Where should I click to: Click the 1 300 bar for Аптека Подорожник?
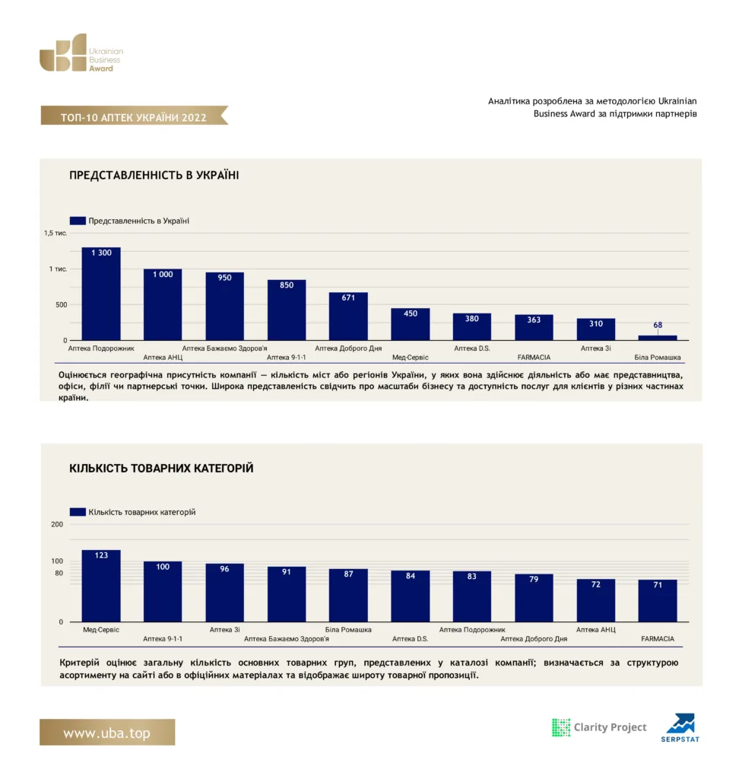coord(101,294)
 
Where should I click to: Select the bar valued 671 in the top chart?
coord(348,316)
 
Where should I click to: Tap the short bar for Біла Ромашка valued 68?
coord(658,338)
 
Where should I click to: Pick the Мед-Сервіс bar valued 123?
coord(101,586)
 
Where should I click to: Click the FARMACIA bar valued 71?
coord(658,601)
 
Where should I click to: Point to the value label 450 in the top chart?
coord(411,313)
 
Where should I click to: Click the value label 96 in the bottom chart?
coord(224,569)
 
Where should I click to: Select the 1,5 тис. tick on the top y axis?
coord(56,233)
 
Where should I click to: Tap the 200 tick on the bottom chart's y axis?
coord(57,524)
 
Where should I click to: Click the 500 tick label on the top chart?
coord(61,304)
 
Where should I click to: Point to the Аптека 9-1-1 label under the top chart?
coord(286,358)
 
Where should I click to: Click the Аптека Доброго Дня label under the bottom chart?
coord(534,639)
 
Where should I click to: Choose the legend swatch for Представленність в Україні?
coord(78,221)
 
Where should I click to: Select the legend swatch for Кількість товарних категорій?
coord(78,512)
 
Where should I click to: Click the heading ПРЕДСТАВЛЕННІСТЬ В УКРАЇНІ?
coord(154,176)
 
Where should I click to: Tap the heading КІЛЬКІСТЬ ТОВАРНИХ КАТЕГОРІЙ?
coord(161,468)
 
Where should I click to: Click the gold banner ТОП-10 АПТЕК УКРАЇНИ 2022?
coord(134,116)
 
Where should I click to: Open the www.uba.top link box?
coord(107,733)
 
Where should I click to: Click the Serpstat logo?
coord(680,728)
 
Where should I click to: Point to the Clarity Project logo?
coord(599,727)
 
